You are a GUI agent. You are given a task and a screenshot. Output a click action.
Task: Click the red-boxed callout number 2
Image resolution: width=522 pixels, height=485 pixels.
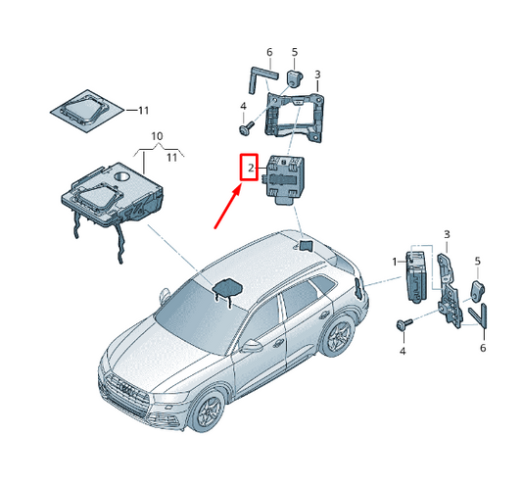[251, 169]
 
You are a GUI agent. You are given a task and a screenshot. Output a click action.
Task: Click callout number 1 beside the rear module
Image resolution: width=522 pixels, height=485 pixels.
[395, 263]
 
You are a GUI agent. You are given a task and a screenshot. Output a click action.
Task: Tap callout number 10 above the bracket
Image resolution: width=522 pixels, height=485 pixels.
[157, 136]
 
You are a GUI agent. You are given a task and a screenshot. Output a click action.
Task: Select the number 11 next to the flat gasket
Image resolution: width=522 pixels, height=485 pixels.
[144, 111]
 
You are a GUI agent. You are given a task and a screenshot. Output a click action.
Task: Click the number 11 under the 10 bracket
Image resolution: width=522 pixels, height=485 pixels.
[171, 157]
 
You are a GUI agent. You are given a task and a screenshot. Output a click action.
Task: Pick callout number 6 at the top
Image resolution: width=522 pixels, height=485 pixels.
[269, 52]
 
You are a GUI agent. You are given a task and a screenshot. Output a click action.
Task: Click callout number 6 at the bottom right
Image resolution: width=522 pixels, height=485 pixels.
[483, 348]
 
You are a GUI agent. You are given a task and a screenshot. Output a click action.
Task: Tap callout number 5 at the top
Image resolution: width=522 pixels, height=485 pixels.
[295, 52]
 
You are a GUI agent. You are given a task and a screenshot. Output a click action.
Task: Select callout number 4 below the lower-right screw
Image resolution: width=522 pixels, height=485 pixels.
[403, 351]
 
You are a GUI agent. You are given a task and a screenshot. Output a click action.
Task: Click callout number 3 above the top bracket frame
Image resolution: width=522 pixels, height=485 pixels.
[317, 74]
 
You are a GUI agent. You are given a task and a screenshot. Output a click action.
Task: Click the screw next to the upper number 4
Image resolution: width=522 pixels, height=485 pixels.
[246, 128]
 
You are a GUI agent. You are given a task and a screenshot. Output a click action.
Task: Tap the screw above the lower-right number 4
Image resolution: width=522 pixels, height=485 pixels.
[404, 324]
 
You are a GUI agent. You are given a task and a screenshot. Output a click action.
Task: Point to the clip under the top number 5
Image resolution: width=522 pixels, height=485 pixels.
[294, 78]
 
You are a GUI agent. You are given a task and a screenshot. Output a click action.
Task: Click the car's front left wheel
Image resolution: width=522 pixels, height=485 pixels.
[208, 412]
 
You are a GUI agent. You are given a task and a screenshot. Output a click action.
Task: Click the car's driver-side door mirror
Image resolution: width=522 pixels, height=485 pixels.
[252, 346]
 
